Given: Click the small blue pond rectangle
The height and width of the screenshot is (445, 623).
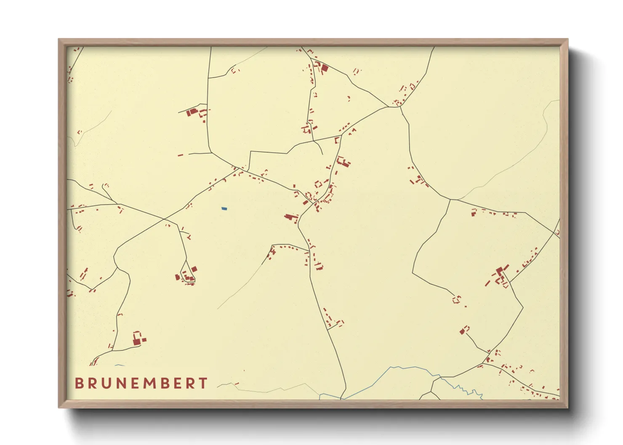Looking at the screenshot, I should pos(224,208).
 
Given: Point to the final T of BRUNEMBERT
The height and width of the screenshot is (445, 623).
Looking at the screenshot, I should pos(203,383).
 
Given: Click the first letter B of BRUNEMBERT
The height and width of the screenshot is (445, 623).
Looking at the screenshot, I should pos(79,383).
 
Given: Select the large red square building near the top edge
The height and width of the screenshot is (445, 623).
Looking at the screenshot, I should pos(325,67).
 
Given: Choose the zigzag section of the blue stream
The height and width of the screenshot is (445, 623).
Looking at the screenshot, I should pos(469,391).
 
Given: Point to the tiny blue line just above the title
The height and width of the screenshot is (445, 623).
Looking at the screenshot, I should pos(120,365).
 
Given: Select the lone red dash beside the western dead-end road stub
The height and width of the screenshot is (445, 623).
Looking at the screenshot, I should pos(180,155).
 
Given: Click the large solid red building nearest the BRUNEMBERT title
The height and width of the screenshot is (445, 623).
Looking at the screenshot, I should pos(137,341).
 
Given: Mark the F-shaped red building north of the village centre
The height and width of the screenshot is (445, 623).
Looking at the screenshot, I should pos(343,162).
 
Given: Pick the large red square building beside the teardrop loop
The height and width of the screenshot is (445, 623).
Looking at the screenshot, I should pos(194,269).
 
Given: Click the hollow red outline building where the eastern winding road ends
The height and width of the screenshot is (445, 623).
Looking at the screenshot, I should pos(456,299).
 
